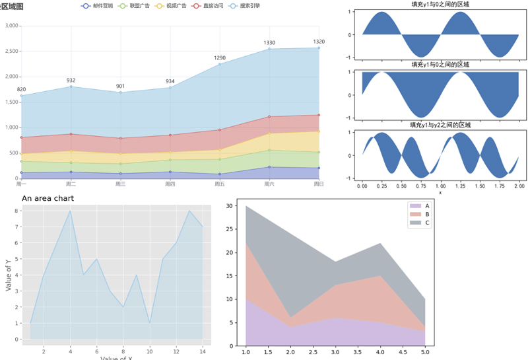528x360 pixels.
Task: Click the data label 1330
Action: tap(269, 43)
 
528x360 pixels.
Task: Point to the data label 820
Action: tap(21, 90)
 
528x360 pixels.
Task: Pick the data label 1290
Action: tap(220, 58)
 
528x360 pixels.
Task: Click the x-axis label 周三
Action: tap(120, 184)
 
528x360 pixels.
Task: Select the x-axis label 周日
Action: tap(319, 184)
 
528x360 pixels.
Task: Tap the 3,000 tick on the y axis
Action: tap(12, 26)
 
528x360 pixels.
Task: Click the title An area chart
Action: tap(48, 198)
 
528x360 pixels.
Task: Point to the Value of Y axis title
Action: tap(9, 275)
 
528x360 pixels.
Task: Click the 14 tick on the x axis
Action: tap(203, 351)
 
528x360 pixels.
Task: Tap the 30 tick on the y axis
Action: tap(230, 206)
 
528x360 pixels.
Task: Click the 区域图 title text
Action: tap(11, 6)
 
